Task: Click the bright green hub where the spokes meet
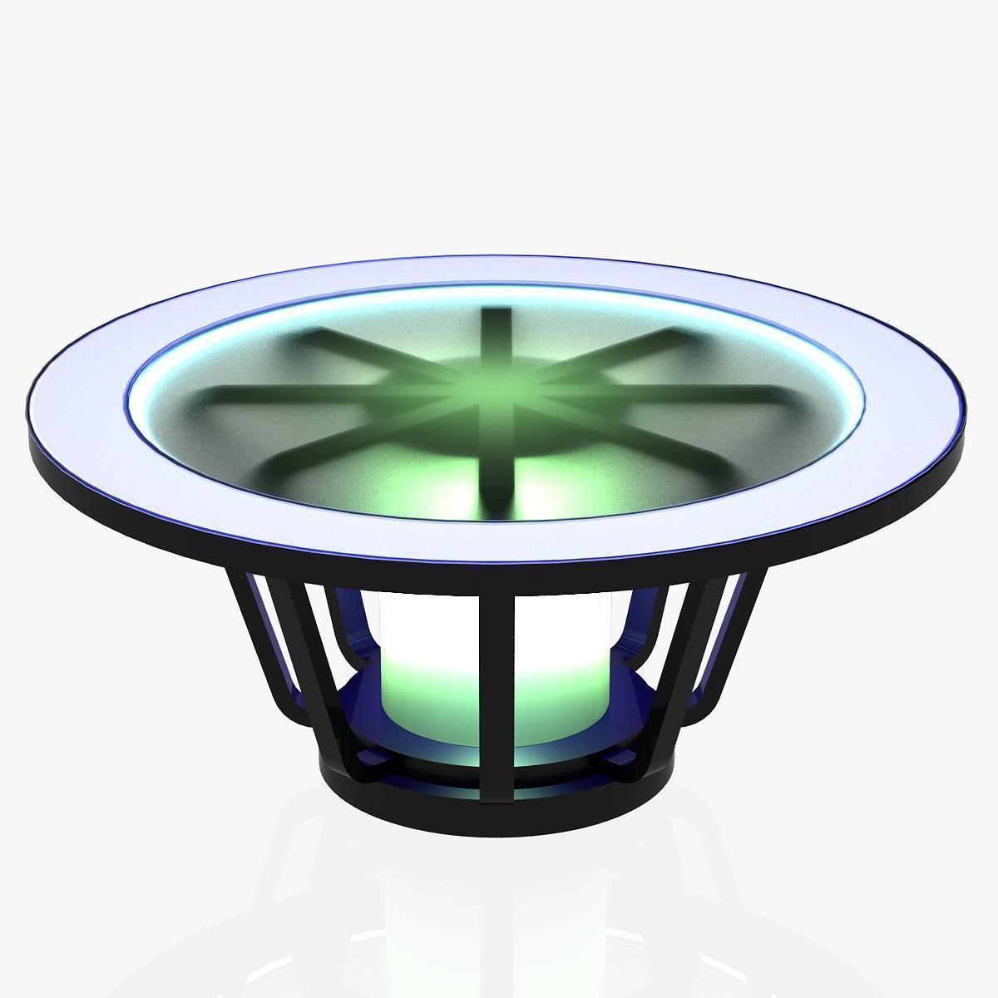497,389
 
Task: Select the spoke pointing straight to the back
497,329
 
